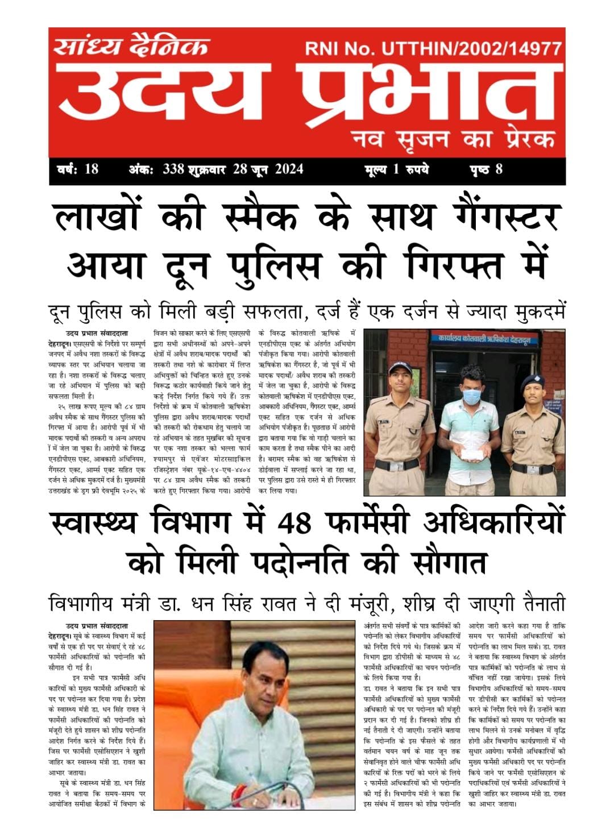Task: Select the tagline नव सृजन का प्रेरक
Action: coord(453,138)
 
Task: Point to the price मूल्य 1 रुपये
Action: coord(396,169)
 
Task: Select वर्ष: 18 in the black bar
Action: coord(78,169)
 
